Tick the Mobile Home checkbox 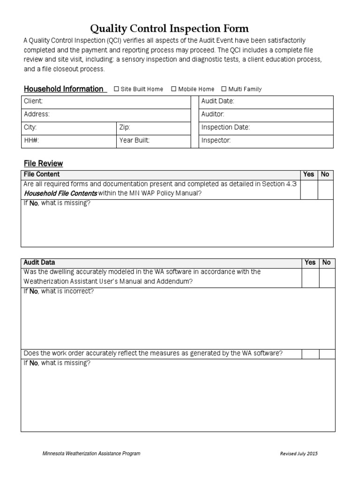pyautogui.click(x=174, y=89)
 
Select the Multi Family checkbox pyautogui.click(x=224, y=89)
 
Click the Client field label pyautogui.click(x=33, y=101)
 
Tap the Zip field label pyautogui.click(x=125, y=127)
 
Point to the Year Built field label pyautogui.click(x=135, y=141)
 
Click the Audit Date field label pyautogui.click(x=217, y=101)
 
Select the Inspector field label pyautogui.click(x=216, y=141)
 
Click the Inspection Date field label pyautogui.click(x=225, y=127)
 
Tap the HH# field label pyautogui.click(x=31, y=141)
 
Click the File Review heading pyautogui.click(x=43, y=164)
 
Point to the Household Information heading pyautogui.click(x=63, y=89)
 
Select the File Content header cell pyautogui.click(x=42, y=174)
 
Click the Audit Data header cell pyautogui.click(x=39, y=262)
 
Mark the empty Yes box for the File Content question pyautogui.click(x=308, y=190)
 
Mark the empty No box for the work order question pyautogui.click(x=327, y=353)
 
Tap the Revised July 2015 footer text pyautogui.click(x=299, y=454)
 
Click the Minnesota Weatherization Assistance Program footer pyautogui.click(x=91, y=454)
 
